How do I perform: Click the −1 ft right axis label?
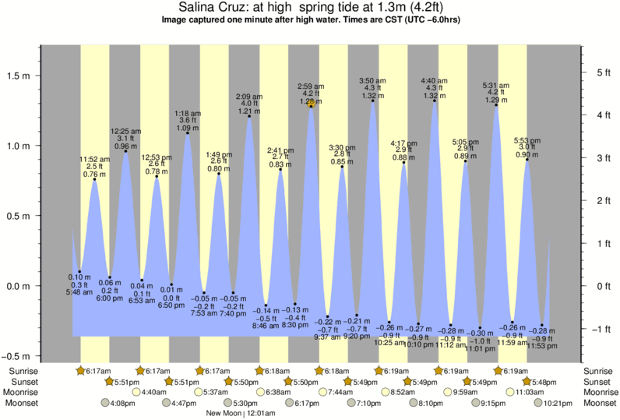point(601,329)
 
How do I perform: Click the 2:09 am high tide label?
point(250,97)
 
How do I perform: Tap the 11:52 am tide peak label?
point(95,160)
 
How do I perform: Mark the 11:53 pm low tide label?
point(543,345)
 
